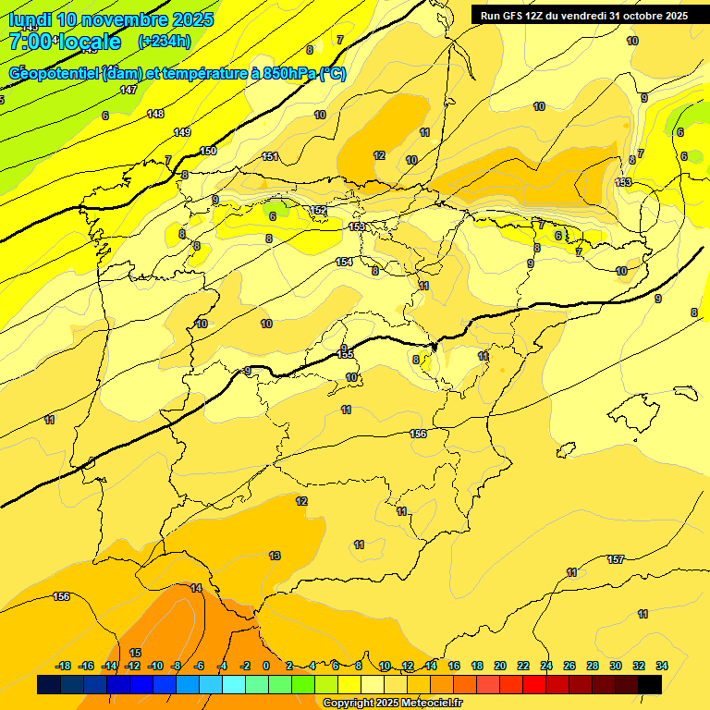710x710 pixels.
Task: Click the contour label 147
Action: (x=129, y=90)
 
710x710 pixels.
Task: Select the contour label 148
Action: (x=155, y=114)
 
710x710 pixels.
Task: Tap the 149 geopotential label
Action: (x=182, y=132)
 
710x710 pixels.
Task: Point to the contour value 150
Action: (x=208, y=151)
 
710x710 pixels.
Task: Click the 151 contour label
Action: (x=270, y=156)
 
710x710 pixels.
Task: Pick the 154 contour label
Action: (x=344, y=263)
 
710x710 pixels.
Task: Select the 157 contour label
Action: (x=616, y=559)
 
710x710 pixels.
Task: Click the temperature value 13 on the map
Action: (x=275, y=556)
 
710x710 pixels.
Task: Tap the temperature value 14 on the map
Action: (x=196, y=588)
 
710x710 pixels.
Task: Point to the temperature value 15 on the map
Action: (x=135, y=653)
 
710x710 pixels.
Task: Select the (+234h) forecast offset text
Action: (x=164, y=41)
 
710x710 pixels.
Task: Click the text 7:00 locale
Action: (x=65, y=42)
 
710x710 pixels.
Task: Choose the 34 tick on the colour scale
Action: (x=662, y=666)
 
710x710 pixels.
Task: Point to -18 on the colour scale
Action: (x=63, y=666)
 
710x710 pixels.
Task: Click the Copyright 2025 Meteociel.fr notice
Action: (x=392, y=703)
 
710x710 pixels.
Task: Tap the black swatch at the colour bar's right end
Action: (x=650, y=684)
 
